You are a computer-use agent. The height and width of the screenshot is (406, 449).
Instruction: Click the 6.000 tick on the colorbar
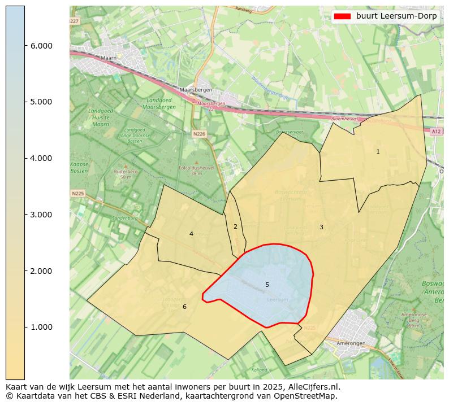coord(42,46)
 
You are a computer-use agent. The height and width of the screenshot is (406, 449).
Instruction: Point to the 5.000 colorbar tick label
coord(42,102)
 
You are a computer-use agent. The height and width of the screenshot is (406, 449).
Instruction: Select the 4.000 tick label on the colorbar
coord(42,158)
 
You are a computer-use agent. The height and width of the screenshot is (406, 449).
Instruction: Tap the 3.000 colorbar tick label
coord(42,215)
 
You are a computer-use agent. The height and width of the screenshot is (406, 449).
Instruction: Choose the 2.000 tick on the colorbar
coord(42,271)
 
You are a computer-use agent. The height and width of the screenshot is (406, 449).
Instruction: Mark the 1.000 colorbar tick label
coord(42,328)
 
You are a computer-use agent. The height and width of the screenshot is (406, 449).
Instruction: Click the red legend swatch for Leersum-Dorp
coord(342,16)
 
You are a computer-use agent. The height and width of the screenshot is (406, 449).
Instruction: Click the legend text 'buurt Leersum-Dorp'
coord(396,16)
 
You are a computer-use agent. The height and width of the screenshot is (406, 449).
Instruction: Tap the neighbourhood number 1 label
coord(378,151)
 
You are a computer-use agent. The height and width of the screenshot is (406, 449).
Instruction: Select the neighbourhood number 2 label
coord(235,226)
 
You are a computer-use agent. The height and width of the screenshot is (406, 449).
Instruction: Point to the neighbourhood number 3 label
coord(321,227)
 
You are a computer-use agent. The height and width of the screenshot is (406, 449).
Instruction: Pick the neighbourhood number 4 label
coord(191,234)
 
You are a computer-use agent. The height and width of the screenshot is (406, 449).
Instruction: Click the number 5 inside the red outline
coord(267,285)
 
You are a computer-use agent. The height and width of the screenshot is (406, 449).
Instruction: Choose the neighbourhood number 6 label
coord(184,307)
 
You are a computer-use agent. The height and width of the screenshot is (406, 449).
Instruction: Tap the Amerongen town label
coord(351,343)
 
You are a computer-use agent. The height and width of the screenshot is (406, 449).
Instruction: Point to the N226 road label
coord(198,134)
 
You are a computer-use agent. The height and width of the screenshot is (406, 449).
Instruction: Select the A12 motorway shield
coord(435,131)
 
